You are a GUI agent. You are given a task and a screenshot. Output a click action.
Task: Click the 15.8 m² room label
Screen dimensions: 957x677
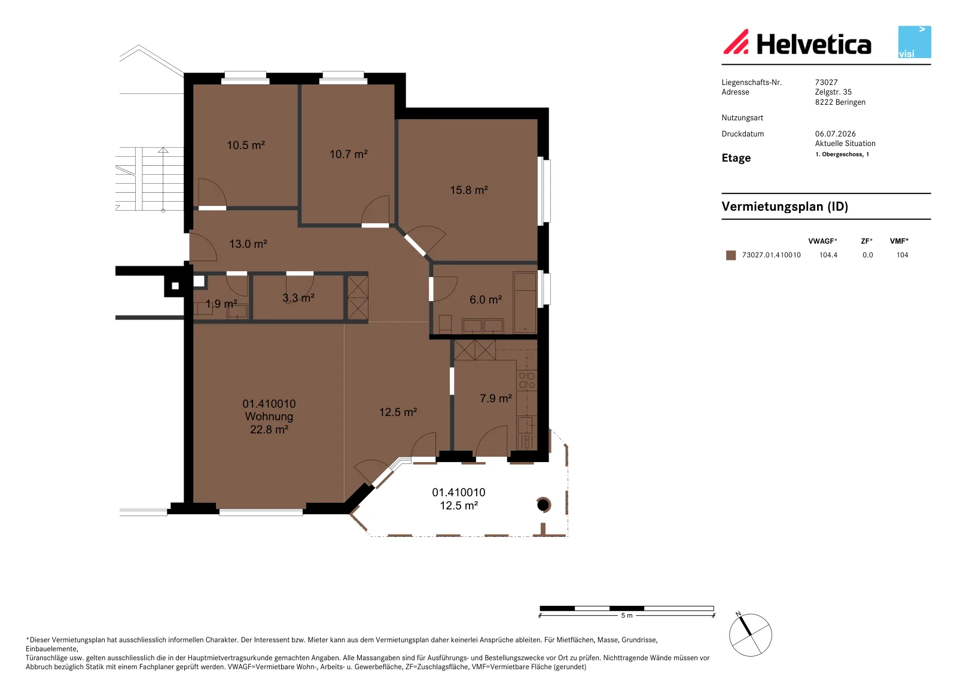pos(469,190)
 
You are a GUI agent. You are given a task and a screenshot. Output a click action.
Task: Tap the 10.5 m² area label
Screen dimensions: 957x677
pos(246,145)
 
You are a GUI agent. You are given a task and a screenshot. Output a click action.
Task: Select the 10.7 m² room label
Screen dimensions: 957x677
pos(349,154)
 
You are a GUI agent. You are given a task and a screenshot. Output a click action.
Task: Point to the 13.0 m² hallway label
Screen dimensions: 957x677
pos(248,244)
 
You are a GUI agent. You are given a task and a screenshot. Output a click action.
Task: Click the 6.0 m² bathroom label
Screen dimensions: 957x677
pos(486,299)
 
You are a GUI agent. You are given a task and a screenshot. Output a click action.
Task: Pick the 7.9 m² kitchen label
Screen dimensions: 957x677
pos(496,398)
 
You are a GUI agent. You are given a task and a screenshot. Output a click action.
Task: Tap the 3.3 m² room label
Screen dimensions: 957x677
pos(298,297)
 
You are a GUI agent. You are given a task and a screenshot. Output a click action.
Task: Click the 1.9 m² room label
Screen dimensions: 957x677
pos(221,304)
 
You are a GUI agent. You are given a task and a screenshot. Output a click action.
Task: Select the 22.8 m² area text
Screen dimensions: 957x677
pos(269,429)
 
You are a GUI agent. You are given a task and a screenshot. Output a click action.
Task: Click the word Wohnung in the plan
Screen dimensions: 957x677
pos(269,416)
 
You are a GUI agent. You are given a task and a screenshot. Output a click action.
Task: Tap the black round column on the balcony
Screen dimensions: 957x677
pos(543,505)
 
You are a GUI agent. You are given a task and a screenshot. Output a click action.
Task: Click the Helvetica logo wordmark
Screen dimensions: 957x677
pos(814,44)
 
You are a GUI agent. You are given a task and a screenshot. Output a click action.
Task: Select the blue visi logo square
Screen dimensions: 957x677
pos(915,42)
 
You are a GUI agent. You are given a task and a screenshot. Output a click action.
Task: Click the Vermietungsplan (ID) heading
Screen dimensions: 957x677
pos(785,207)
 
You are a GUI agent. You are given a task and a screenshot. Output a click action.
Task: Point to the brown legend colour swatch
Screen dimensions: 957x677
pos(731,256)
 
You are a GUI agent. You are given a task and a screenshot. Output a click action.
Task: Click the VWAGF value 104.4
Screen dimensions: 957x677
pos(828,255)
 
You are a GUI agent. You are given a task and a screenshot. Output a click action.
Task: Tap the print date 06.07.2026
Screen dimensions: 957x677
pos(835,134)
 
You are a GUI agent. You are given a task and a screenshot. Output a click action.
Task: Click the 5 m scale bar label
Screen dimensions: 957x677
pos(627,615)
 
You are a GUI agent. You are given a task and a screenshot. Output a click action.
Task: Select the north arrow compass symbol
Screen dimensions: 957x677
pos(751,635)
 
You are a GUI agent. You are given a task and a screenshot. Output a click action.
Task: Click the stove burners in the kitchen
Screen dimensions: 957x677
pos(527,380)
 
